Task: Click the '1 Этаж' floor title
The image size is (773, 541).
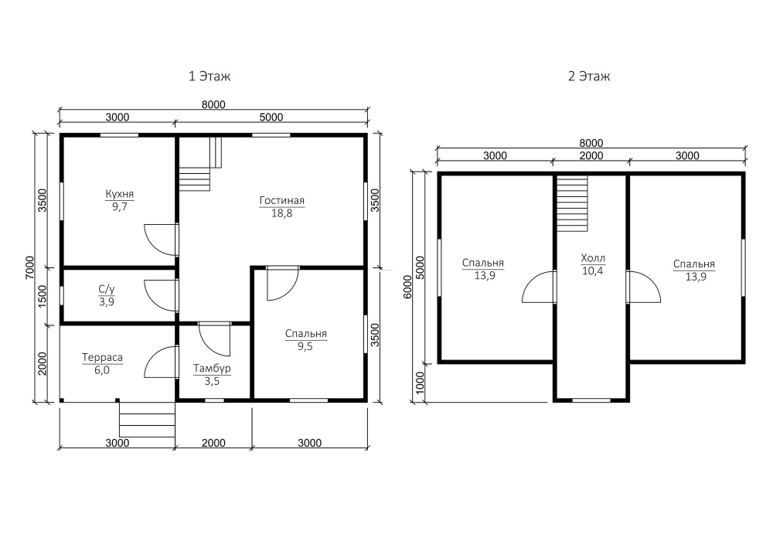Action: (x=209, y=77)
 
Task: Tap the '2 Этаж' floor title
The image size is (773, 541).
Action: (x=589, y=77)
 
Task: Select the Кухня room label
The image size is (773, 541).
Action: (x=119, y=194)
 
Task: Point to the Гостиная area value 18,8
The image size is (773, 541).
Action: (x=281, y=213)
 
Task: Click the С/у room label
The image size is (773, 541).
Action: (x=107, y=289)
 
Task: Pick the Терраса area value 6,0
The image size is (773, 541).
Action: (x=102, y=370)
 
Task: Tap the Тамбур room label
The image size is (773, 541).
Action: (x=212, y=369)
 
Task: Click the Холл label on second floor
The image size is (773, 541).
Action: (x=593, y=258)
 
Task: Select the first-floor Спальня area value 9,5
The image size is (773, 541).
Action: (x=305, y=346)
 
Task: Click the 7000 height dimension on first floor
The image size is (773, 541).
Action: (x=29, y=267)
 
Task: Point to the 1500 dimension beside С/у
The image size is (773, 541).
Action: (x=43, y=296)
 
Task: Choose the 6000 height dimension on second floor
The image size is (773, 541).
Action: (x=407, y=287)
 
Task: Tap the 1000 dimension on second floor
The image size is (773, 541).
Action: (x=420, y=383)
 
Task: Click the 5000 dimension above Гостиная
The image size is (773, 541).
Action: (x=271, y=117)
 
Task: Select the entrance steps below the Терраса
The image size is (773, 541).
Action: (x=148, y=420)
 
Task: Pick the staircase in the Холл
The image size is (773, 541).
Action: (x=572, y=203)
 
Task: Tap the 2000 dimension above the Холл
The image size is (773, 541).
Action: (x=591, y=155)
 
